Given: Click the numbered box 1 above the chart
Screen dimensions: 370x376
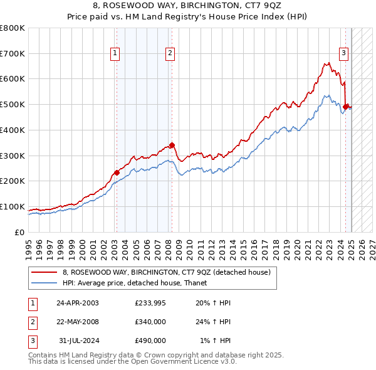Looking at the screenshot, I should pos(116,54).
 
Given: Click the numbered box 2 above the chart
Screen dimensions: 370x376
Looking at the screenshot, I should pos(170,54).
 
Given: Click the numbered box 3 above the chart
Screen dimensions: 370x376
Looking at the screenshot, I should pos(344,54).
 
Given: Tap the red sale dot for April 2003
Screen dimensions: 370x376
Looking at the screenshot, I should pos(117,172).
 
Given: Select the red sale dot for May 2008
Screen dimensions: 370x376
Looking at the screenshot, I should pos(172,145).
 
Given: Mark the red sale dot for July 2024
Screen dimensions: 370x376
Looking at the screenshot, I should pos(345,107).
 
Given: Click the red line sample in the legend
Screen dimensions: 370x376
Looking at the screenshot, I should pos(44,272).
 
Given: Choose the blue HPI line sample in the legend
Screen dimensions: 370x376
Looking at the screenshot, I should pos(44,283).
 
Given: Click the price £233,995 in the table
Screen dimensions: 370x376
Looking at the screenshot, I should pos(150,303).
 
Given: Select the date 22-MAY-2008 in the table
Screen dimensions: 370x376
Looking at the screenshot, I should pos(77,322).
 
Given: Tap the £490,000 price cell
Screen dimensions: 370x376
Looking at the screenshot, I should pos(150,341).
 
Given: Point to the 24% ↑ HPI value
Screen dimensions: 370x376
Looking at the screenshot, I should pos(216,322).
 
